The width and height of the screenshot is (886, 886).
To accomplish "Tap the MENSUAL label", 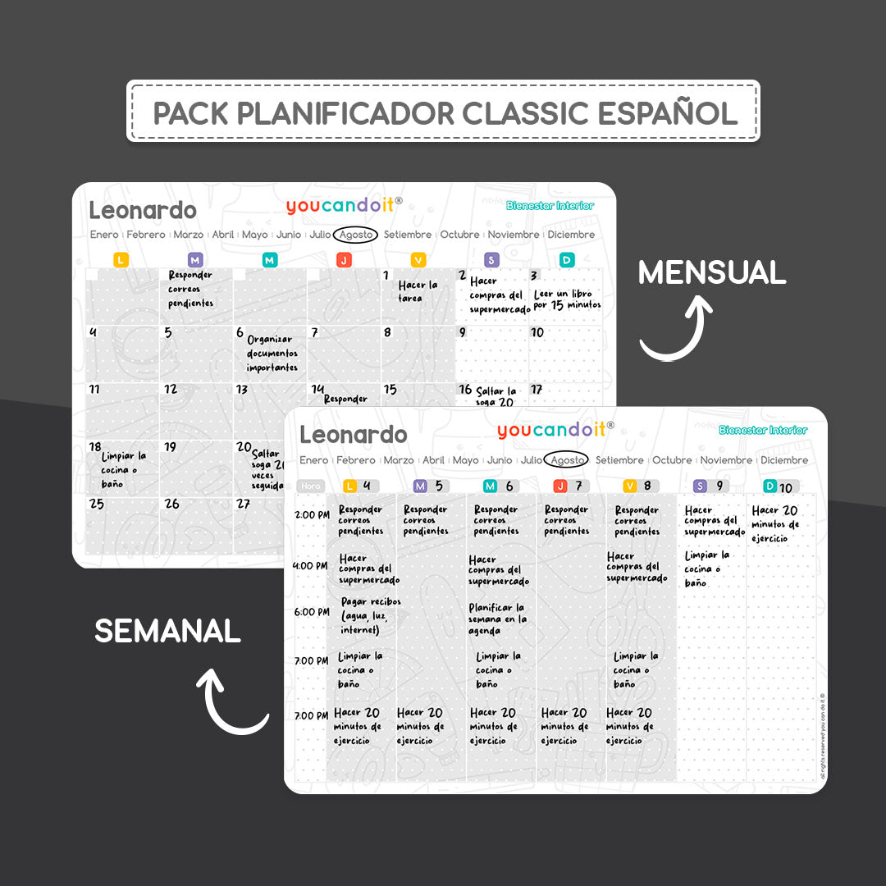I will (x=712, y=272).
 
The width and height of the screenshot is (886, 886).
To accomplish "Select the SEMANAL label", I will (x=167, y=631).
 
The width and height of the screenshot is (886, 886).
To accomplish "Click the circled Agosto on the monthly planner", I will (x=356, y=235).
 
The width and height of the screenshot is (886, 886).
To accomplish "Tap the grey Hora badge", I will (x=311, y=486).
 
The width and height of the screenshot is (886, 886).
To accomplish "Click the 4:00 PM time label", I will (x=311, y=566).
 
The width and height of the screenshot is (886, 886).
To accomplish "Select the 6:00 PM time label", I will (x=311, y=612).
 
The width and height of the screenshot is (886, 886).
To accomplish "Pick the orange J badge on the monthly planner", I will (x=344, y=260).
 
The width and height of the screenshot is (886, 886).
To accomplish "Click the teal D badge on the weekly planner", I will (x=770, y=486).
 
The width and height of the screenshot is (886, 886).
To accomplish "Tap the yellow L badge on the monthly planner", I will (x=121, y=260).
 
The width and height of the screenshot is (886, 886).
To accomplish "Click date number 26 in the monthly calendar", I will (x=171, y=504).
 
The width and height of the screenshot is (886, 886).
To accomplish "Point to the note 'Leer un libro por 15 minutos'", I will (x=567, y=299).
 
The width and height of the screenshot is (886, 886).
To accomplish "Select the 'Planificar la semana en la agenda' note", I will (x=498, y=619).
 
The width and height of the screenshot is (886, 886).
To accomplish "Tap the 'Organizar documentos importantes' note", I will (x=272, y=354).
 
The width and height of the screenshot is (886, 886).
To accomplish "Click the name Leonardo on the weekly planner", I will (x=353, y=434).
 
